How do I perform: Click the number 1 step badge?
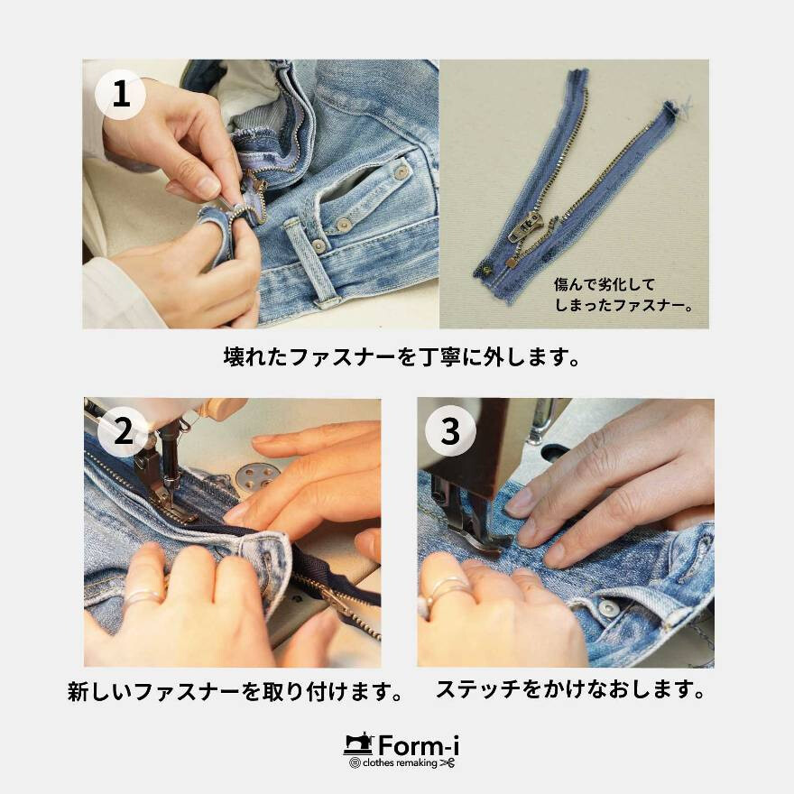[120, 93]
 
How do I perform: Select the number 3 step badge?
[449, 432]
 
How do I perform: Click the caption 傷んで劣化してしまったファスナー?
[623, 294]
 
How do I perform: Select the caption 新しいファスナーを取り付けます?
[235, 693]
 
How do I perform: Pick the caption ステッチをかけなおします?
[570, 691]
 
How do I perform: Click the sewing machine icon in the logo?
[358, 744]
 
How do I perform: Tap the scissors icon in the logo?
[448, 763]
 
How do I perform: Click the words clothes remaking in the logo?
[400, 763]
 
